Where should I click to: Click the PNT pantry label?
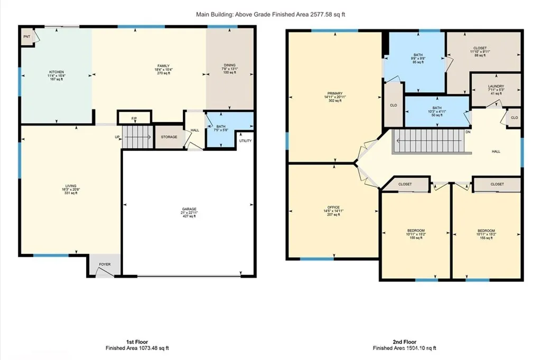[26, 37]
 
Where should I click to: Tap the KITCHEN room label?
[57, 72]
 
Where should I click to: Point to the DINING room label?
[229, 65]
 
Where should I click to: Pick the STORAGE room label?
[169, 137]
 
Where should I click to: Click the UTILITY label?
[246, 141]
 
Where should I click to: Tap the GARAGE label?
[189, 210]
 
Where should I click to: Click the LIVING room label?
[71, 186]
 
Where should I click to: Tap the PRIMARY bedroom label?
[334, 93]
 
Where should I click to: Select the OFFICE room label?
[333, 207]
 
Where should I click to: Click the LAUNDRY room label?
[496, 86]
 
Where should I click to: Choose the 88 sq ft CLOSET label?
[480, 48]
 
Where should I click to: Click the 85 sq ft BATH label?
[418, 55]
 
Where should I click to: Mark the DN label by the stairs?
[468, 132]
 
